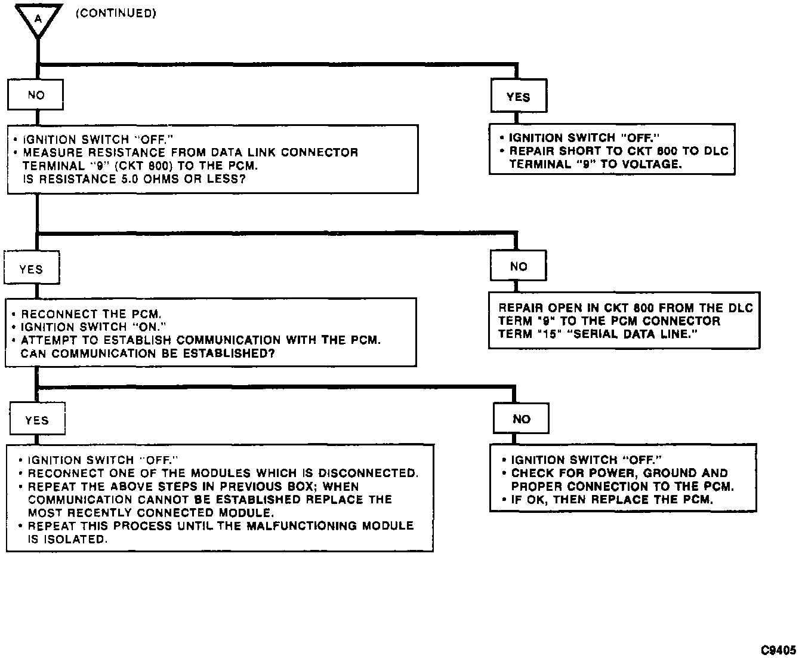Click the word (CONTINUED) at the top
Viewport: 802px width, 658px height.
coord(116,13)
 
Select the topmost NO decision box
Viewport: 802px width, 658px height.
coord(36,95)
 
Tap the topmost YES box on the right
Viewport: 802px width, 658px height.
coord(518,97)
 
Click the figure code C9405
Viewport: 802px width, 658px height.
coord(778,650)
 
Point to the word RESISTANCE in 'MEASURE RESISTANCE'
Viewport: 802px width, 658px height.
coord(127,152)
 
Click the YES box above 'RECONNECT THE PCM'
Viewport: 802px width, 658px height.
coord(31,269)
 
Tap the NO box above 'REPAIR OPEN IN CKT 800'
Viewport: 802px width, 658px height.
coord(519,267)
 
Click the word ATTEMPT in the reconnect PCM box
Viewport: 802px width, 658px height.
coord(47,340)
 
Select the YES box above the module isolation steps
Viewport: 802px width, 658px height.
coord(37,420)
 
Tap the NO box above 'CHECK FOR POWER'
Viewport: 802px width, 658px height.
coord(521,419)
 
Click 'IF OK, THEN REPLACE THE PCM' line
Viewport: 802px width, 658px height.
coord(612,499)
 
